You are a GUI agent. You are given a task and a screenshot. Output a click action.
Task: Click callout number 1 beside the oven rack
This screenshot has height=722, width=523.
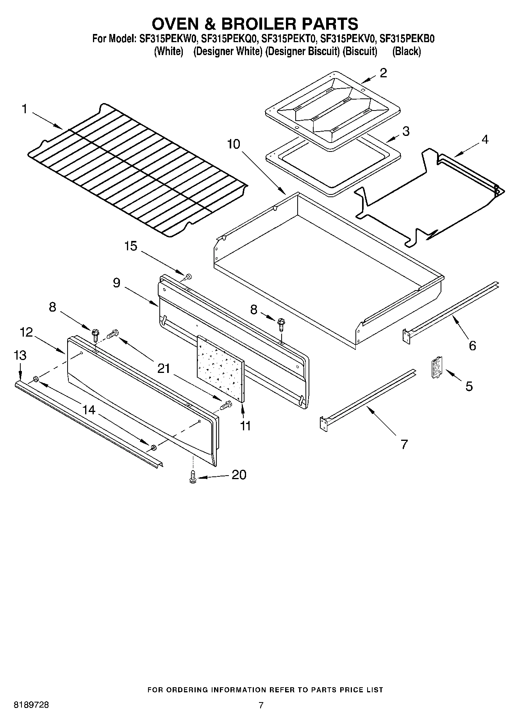(24, 109)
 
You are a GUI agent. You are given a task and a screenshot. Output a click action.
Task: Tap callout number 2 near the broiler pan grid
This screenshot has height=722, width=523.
(383, 73)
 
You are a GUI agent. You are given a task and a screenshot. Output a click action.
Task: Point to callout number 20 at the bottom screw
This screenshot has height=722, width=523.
(239, 475)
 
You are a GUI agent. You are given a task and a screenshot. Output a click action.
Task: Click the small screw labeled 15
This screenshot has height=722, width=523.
(188, 277)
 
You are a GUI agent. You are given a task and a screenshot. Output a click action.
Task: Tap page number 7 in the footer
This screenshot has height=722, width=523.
(261, 705)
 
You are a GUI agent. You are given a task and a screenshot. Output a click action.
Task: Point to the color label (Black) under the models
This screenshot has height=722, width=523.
(406, 51)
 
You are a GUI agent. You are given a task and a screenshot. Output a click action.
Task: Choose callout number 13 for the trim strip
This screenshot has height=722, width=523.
(20, 355)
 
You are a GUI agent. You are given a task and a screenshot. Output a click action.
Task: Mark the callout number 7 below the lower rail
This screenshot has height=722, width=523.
(404, 444)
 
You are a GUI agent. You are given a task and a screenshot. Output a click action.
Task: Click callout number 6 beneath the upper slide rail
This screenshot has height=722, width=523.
(472, 346)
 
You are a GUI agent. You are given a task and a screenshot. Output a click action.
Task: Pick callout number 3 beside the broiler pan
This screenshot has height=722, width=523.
(405, 131)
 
